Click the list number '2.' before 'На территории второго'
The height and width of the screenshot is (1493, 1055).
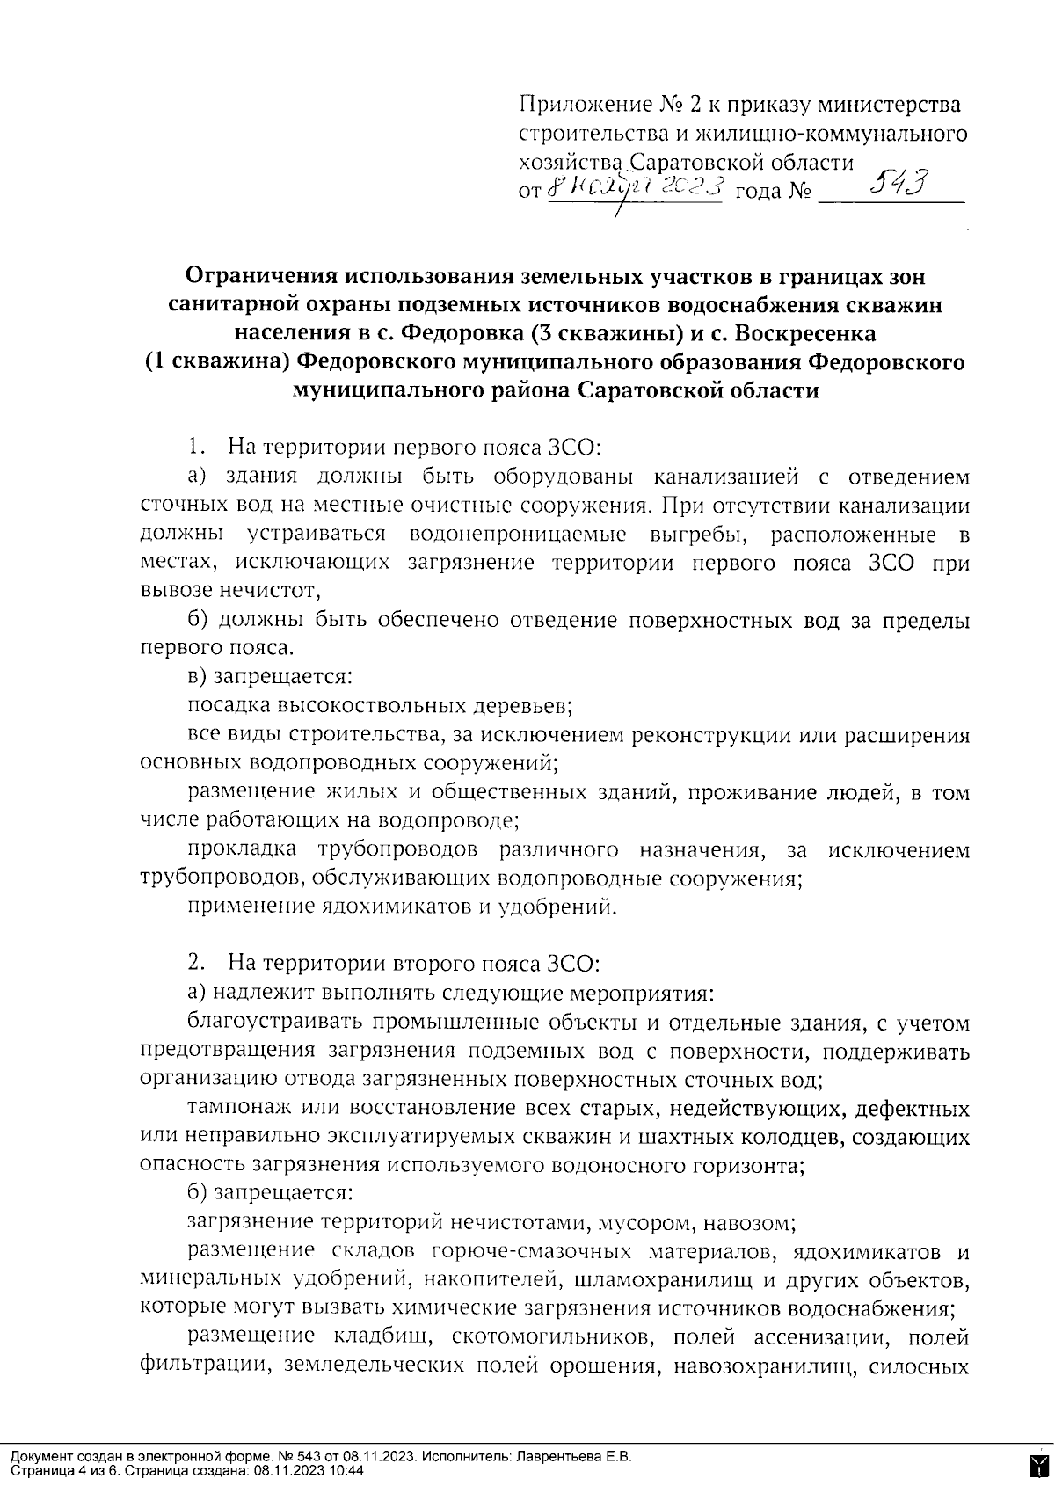(197, 963)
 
